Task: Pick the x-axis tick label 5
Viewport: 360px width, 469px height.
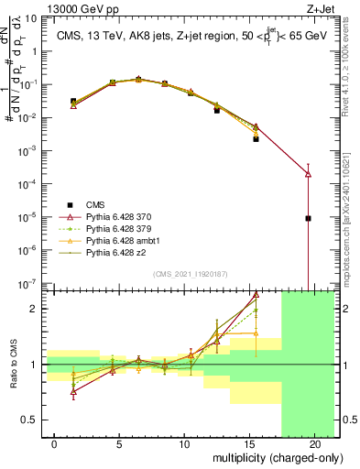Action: pyautogui.click(x=119, y=442)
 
